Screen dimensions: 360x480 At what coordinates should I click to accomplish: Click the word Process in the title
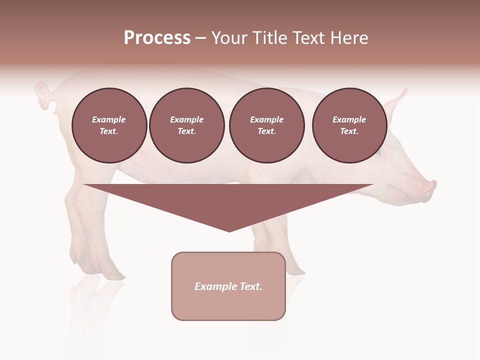click(x=157, y=38)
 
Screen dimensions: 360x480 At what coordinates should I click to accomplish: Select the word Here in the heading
click(x=350, y=38)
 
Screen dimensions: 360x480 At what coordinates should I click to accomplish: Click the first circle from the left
click(x=109, y=125)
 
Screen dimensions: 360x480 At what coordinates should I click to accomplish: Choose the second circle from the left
click(x=186, y=125)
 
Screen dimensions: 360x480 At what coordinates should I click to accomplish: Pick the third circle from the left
click(x=266, y=125)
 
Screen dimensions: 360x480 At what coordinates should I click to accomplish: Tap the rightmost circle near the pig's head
click(x=349, y=125)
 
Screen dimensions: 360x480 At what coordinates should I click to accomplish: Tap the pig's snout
click(x=430, y=190)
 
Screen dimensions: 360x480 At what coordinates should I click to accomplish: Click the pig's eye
click(x=379, y=152)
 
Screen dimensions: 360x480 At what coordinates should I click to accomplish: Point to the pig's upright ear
click(x=397, y=102)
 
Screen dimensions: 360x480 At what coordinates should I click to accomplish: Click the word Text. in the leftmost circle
click(x=109, y=131)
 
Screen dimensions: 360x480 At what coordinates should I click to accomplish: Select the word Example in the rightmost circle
click(x=349, y=119)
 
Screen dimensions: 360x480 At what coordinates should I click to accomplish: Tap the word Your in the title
click(x=229, y=38)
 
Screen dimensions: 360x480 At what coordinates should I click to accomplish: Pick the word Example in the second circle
click(x=186, y=119)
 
